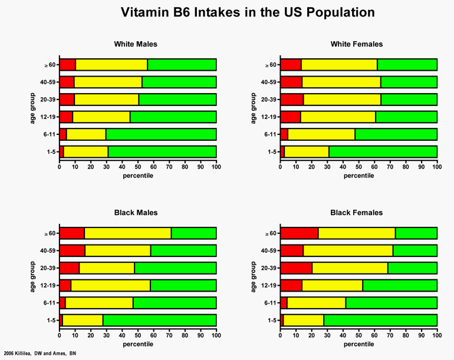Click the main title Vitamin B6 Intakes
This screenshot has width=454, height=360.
(x=247, y=12)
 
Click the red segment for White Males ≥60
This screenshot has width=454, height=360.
(x=68, y=65)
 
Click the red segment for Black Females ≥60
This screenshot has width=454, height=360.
(x=299, y=233)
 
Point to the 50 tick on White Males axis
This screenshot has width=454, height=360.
(x=138, y=167)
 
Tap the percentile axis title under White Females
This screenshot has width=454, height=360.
(x=358, y=176)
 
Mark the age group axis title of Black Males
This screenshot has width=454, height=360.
(x=34, y=276)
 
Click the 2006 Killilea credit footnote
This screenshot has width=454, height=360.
(x=40, y=354)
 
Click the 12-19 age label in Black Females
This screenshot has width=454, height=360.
(x=270, y=286)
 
